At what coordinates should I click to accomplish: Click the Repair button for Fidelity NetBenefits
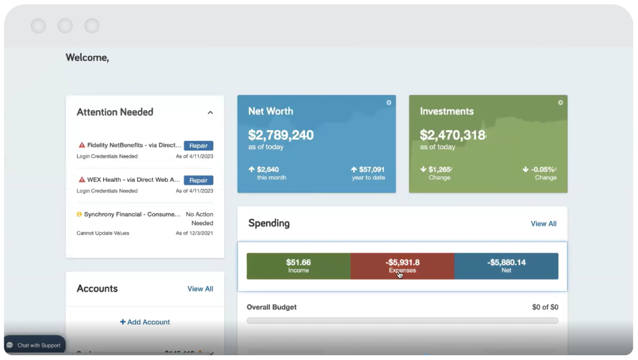click(x=198, y=146)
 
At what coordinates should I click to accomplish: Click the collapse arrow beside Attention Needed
click(x=210, y=113)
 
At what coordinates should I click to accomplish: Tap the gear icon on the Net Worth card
click(x=389, y=103)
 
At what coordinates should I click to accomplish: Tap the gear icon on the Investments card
click(x=560, y=103)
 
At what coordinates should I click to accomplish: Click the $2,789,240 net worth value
click(x=281, y=135)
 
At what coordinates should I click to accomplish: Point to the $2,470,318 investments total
click(x=452, y=135)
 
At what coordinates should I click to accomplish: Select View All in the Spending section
click(x=543, y=224)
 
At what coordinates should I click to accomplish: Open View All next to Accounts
click(x=200, y=289)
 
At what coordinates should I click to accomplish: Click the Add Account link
click(x=145, y=322)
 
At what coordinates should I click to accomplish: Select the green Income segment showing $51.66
click(x=298, y=266)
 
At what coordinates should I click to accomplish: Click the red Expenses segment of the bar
click(x=402, y=266)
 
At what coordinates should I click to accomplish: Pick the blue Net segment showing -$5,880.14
click(x=506, y=266)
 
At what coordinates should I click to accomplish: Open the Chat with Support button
click(x=35, y=345)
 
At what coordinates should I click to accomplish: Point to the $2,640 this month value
click(x=267, y=170)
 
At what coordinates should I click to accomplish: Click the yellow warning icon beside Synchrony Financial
click(x=79, y=214)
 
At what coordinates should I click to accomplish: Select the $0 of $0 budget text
click(x=544, y=307)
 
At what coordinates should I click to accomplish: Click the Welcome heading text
click(x=87, y=57)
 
